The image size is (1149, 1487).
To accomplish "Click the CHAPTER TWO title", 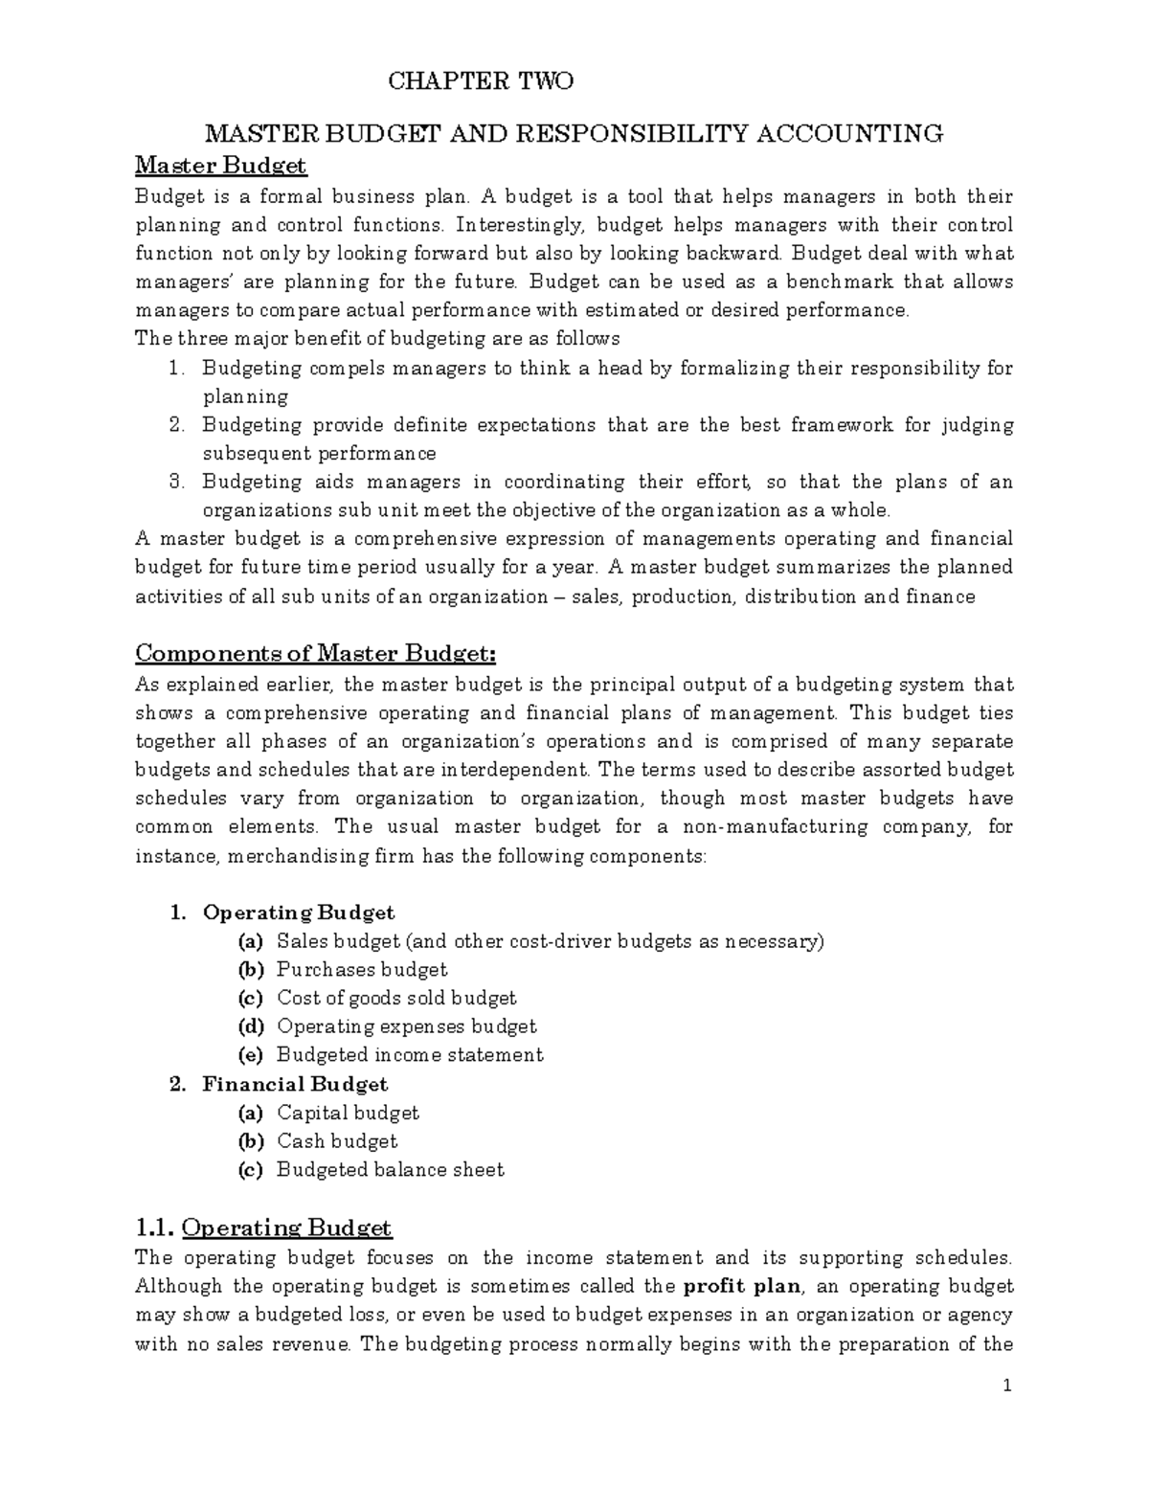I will coord(480,81).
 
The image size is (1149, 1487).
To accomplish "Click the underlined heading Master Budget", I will coord(220,166).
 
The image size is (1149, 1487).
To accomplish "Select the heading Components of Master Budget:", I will coord(316,653).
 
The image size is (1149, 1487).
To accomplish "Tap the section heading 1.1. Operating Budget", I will coord(263,1228).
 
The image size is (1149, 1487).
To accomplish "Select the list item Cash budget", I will coord(337,1141).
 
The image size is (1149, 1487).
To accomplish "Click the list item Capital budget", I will coord(348,1113).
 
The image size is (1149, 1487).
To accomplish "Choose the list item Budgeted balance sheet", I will coord(390,1170).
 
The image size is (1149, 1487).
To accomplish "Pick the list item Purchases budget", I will coord(362,969).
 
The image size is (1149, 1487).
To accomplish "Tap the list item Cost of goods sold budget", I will coord(396,998).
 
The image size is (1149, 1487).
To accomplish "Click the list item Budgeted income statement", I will coord(410,1055).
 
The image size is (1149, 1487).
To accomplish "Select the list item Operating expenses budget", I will coord(406,1026).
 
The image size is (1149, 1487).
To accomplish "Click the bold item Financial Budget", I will coord(295,1084).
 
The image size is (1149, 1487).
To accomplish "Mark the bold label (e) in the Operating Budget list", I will coord(250,1055).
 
